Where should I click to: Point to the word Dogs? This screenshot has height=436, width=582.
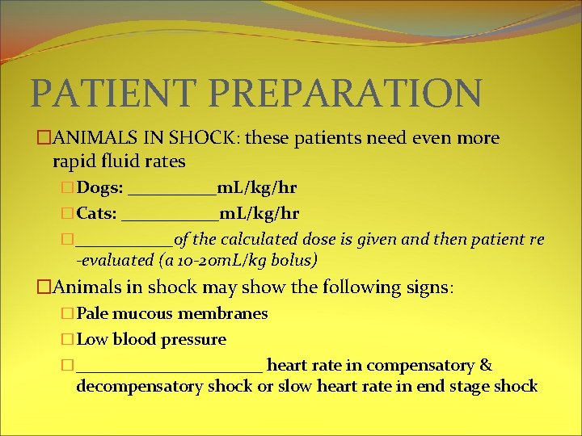click(x=100, y=189)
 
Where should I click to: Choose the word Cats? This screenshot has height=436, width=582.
click(x=97, y=214)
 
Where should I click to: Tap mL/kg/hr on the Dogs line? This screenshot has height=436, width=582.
click(x=257, y=189)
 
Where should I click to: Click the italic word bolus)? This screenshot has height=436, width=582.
click(x=296, y=260)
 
